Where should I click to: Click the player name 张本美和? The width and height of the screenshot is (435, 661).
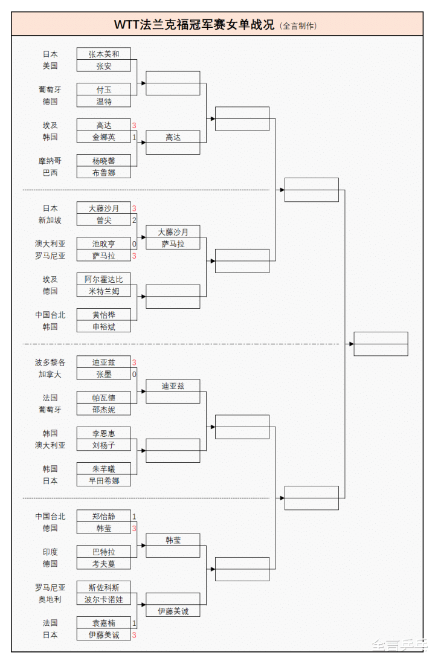click(104, 54)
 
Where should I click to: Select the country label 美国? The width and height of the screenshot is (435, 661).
click(50, 66)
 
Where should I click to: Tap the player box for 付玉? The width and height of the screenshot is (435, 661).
click(104, 89)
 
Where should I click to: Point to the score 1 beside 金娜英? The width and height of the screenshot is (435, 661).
click(134, 137)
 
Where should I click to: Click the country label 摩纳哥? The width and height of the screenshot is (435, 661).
click(50, 161)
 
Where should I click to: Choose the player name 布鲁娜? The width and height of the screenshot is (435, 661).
click(104, 172)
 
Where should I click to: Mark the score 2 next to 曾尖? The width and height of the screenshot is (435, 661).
click(134, 220)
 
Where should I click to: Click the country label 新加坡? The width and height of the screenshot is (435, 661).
click(50, 220)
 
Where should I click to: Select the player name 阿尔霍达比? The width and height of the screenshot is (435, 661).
click(104, 279)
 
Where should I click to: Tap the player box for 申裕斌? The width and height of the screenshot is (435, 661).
click(104, 326)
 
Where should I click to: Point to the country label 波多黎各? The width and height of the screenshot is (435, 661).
click(50, 363)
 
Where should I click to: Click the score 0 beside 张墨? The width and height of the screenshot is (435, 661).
click(134, 374)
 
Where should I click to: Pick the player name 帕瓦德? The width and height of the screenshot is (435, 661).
click(104, 398)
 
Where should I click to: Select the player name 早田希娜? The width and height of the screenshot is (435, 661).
click(104, 480)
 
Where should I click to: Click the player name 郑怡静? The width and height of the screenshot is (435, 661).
click(104, 517)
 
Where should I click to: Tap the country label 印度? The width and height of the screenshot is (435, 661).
click(50, 552)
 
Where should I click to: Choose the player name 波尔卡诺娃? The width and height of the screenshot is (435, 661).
click(104, 599)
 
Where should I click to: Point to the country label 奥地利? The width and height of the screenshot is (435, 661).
click(50, 599)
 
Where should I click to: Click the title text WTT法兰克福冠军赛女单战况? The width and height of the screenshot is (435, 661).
click(194, 25)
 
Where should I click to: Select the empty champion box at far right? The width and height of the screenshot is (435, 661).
click(381, 344)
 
